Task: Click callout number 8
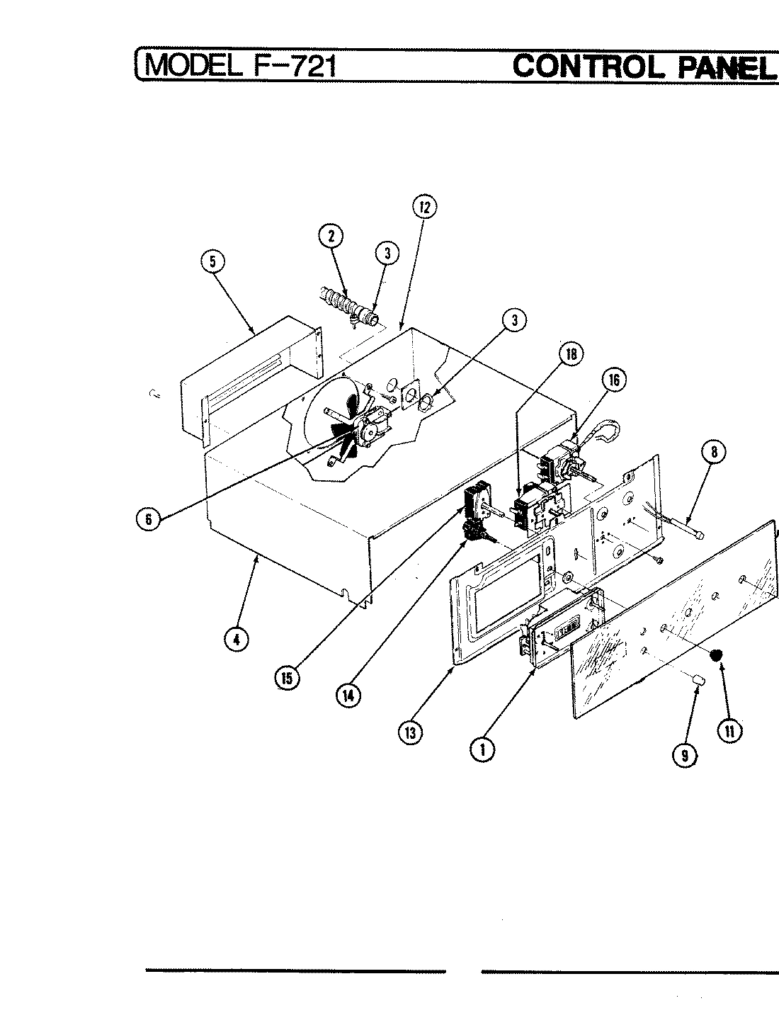coord(714,452)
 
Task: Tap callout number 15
coord(286,677)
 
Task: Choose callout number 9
coord(684,756)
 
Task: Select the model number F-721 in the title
coord(290,66)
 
